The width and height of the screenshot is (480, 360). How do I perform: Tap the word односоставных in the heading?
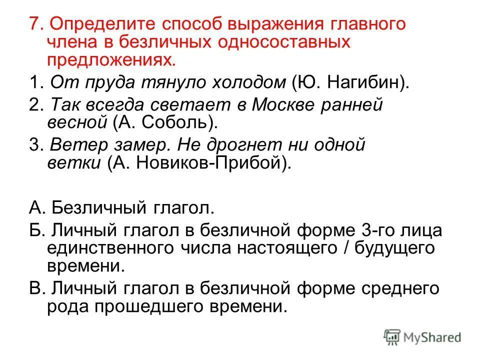tap(282, 42)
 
